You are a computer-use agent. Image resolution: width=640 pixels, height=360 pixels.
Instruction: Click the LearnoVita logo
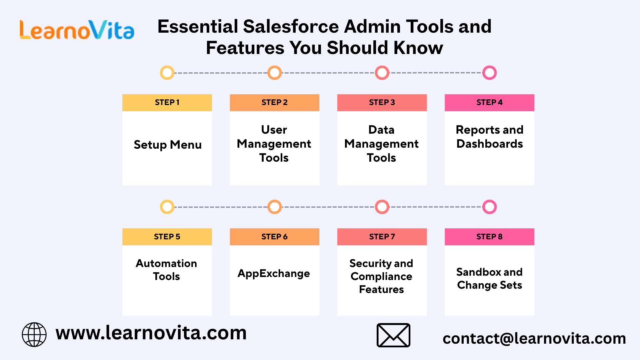[x=77, y=30]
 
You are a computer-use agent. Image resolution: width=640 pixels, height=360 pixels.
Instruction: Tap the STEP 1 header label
[x=167, y=102]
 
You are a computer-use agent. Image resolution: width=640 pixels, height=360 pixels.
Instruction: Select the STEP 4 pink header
[x=489, y=102]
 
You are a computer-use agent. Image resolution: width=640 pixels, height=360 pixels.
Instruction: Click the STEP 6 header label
[x=274, y=237]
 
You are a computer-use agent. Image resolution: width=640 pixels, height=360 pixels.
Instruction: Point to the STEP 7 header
[x=382, y=237]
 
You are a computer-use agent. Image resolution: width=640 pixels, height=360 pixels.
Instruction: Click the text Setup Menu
[x=168, y=145]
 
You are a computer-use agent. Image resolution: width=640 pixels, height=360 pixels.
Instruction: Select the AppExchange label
[x=274, y=274]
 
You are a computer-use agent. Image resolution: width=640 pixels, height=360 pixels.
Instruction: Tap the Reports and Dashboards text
[x=490, y=137]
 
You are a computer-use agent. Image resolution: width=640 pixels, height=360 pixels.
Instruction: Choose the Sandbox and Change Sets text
[x=489, y=278]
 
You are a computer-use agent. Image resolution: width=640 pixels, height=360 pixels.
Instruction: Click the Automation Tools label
[x=166, y=270]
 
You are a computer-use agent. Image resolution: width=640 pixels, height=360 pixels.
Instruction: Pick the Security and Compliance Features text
[x=381, y=276]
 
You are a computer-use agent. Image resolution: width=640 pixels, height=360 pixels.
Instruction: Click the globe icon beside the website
[x=34, y=334]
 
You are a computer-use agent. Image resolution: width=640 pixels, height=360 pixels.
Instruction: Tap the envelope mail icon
[x=393, y=335]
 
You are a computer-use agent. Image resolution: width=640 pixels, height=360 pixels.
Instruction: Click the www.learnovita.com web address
[x=151, y=333]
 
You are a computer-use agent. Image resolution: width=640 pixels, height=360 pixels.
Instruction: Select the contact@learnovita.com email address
[x=534, y=338]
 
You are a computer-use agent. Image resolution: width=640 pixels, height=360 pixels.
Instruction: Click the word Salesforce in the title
[x=291, y=26]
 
